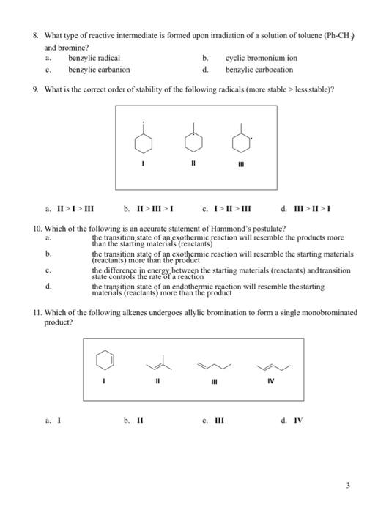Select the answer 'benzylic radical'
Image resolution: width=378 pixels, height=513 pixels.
(x=94, y=57)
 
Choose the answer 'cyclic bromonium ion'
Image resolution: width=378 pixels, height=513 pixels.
(x=262, y=57)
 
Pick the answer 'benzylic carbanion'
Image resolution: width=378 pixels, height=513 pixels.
(x=99, y=69)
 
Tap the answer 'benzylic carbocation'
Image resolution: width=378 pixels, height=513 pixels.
(x=259, y=69)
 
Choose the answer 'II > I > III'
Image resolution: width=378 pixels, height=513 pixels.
(x=70, y=208)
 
